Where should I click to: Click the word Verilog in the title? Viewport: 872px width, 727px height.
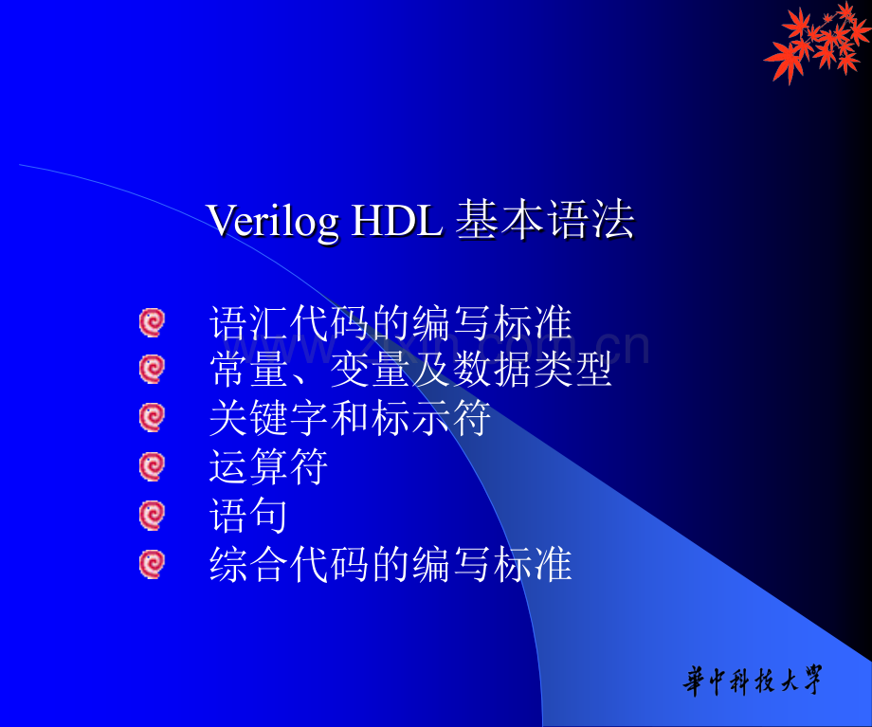[273, 222]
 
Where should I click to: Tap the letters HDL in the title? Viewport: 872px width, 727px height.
[398, 221]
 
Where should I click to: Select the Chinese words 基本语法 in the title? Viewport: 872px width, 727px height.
[545, 220]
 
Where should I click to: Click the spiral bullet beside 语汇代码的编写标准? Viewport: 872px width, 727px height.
[152, 322]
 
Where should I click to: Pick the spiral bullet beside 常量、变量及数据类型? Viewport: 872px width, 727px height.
[152, 370]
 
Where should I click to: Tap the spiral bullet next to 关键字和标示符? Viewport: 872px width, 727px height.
[152, 418]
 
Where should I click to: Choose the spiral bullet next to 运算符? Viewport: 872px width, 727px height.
[152, 466]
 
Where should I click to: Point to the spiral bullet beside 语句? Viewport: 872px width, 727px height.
[152, 515]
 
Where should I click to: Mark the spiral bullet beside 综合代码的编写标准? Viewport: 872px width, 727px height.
[152, 564]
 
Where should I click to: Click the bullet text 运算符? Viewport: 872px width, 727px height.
[268, 466]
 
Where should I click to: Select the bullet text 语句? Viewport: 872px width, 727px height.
[248, 515]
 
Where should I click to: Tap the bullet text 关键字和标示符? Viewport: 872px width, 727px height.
[350, 418]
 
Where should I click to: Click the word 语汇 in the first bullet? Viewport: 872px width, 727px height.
[248, 322]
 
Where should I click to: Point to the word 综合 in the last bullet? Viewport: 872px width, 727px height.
[248, 564]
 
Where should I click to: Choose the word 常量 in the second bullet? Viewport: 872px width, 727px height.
[248, 370]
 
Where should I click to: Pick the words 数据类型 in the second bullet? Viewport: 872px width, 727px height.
[533, 370]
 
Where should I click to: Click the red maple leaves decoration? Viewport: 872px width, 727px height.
[817, 43]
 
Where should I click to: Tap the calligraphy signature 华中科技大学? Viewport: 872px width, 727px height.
[753, 681]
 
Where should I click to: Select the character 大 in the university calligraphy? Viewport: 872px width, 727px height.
[789, 681]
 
